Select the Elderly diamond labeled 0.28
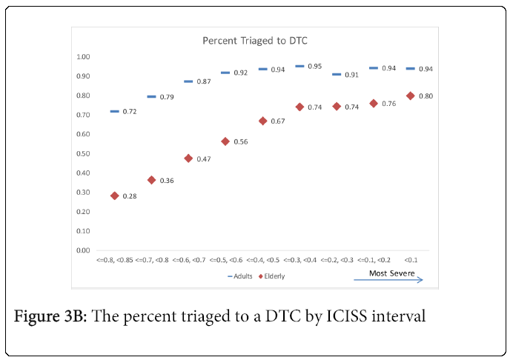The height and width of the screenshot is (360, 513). coord(115,196)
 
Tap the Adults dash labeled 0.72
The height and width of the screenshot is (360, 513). coord(114,111)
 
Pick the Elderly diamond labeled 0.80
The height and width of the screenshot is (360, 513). coord(410,96)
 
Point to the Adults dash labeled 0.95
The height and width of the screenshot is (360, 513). coord(299,66)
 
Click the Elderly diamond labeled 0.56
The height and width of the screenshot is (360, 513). coord(225,141)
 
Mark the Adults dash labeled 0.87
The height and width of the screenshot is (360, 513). coord(188,81)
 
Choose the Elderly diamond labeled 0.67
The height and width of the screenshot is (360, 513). coord(262,121)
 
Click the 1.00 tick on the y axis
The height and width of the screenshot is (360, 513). coord(83,57)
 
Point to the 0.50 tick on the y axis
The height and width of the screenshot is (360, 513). coord(83,154)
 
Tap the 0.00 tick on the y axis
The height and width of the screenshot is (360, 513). coord(83,251)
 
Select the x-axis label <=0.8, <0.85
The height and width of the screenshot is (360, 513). coord(114,261)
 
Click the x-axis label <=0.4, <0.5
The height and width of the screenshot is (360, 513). coord(262,261)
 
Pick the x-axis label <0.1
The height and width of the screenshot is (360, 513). coord(410,261)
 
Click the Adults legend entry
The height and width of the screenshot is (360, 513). coord(240,276)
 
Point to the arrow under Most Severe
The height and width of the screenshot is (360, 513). coord(388,281)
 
